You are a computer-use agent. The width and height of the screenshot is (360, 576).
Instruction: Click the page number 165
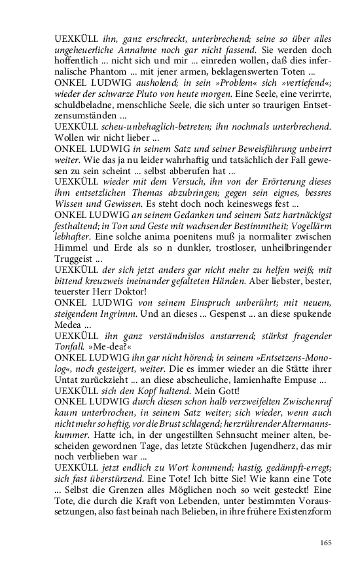tap(325, 542)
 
